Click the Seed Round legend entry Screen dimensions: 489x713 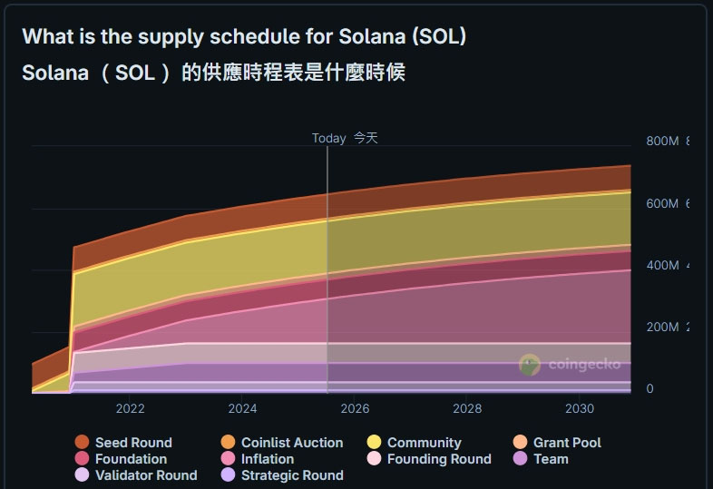[132, 443]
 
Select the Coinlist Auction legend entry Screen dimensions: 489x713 [291, 443]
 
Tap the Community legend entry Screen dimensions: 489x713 [424, 443]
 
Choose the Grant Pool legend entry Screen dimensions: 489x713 [566, 443]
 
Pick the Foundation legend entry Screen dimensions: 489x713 [131, 459]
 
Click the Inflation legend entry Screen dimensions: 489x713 [267, 459]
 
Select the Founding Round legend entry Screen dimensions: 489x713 [438, 459]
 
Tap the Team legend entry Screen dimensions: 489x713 [551, 459]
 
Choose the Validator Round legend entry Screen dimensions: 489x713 [145, 475]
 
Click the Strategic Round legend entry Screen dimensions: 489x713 [291, 475]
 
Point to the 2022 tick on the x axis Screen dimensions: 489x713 [130, 409]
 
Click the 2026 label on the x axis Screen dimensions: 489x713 [355, 409]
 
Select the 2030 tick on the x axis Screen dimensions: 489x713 [580, 409]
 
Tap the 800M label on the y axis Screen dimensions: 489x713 [662, 141]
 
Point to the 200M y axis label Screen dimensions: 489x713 [662, 327]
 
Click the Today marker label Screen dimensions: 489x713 [329, 138]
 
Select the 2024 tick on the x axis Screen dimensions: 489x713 [242, 409]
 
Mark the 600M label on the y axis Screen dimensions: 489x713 [662, 203]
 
